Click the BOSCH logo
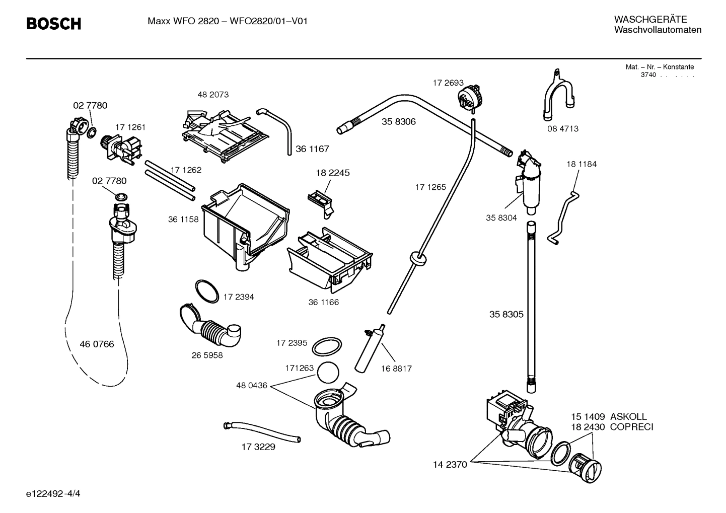click(x=53, y=24)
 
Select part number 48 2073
click(x=212, y=95)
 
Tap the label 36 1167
click(x=312, y=149)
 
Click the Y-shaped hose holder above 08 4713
click(x=558, y=96)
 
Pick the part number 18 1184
click(x=581, y=164)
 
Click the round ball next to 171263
click(x=328, y=373)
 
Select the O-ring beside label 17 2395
click(x=327, y=346)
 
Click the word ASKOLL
click(x=628, y=417)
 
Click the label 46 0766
click(x=97, y=344)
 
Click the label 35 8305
click(x=506, y=315)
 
